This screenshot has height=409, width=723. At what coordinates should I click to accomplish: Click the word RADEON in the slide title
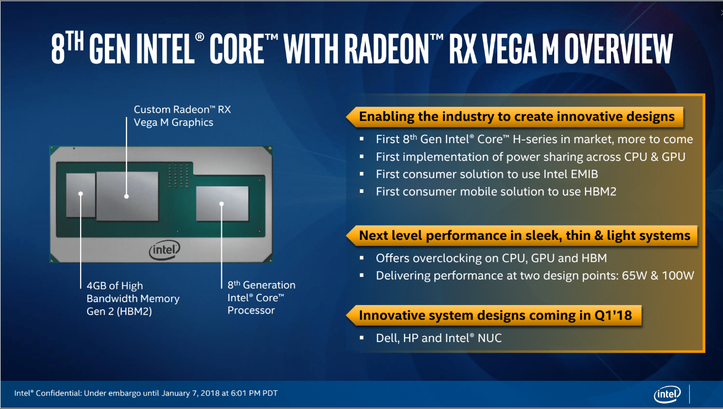(387, 49)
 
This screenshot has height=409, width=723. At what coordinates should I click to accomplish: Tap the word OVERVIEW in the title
(618, 49)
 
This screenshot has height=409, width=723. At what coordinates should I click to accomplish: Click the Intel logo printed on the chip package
(164, 250)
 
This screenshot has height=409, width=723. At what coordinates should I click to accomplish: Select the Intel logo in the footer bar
(667, 394)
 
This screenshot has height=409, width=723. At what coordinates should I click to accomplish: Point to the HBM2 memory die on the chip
(81, 195)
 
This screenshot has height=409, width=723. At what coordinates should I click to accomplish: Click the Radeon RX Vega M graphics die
(127, 196)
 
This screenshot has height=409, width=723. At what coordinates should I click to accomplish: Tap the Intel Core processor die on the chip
(222, 204)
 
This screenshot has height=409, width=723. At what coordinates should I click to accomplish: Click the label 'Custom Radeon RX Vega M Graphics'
(182, 116)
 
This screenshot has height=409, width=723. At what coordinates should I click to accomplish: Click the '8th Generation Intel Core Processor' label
(262, 297)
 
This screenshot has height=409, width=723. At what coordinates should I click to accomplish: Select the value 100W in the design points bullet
(678, 276)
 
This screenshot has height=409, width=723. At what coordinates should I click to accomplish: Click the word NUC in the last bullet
(490, 338)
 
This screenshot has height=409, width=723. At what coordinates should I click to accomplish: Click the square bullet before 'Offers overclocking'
(362, 258)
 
